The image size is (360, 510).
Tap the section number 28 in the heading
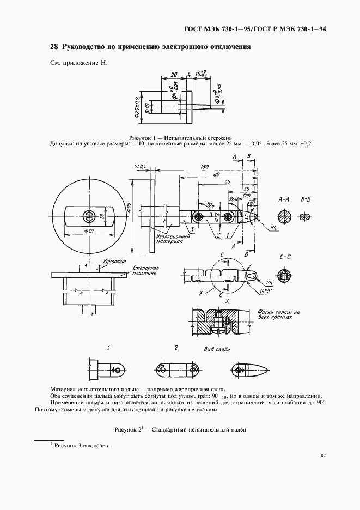click(x=53, y=47)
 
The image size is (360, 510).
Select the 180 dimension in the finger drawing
click(x=205, y=167)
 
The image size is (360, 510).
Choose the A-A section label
click(x=283, y=200)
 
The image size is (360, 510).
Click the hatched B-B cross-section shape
click(x=307, y=217)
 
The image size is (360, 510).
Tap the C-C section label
click(x=284, y=256)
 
